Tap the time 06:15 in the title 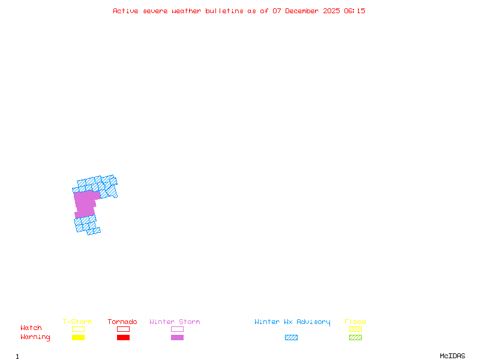pyautogui.click(x=354, y=11)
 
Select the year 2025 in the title pyautogui.click(x=332, y=11)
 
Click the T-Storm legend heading pyautogui.click(x=77, y=322)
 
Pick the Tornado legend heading pyautogui.click(x=122, y=322)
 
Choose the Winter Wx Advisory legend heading pyautogui.click(x=292, y=322)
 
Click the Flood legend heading pyautogui.click(x=355, y=322)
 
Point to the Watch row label pyautogui.click(x=31, y=328)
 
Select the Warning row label pyautogui.click(x=35, y=337)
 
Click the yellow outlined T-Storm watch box pyautogui.click(x=78, y=329)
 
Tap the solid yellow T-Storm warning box pyautogui.click(x=78, y=338)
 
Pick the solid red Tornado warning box pyautogui.click(x=123, y=338)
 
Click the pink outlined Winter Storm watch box pyautogui.click(x=177, y=329)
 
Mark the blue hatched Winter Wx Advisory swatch pyautogui.click(x=291, y=338)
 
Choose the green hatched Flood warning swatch pyautogui.click(x=355, y=338)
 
